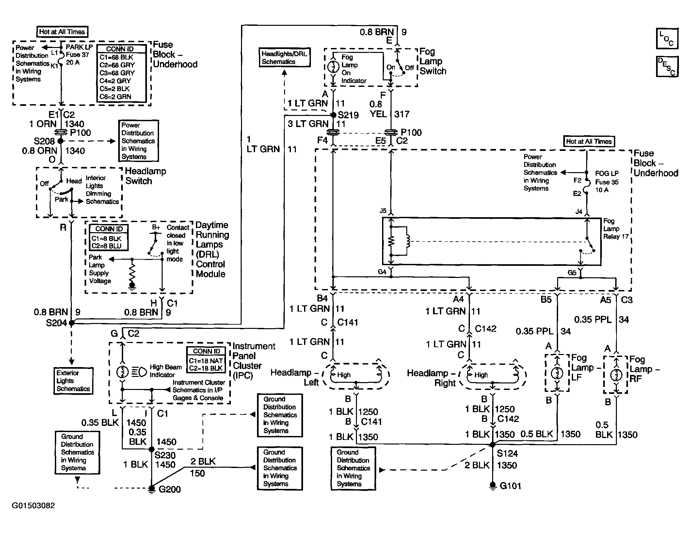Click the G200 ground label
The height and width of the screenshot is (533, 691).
click(x=169, y=489)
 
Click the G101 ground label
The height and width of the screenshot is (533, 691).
click(x=510, y=486)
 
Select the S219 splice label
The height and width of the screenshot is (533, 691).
click(x=348, y=115)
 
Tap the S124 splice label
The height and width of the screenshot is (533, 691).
click(x=507, y=453)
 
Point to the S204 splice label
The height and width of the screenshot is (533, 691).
click(x=56, y=323)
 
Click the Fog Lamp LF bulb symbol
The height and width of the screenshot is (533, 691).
click(x=557, y=373)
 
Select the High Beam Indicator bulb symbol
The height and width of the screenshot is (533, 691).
click(x=122, y=372)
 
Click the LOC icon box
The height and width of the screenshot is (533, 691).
click(x=667, y=39)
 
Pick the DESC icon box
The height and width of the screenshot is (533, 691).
click(x=667, y=67)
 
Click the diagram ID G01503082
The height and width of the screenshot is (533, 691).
click(x=33, y=506)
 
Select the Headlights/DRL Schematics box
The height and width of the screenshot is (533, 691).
click(x=284, y=58)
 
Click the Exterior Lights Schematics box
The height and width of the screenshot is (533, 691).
click(x=73, y=381)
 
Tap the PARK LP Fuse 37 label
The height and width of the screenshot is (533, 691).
click(x=79, y=55)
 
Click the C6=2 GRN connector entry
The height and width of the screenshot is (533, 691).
click(x=115, y=97)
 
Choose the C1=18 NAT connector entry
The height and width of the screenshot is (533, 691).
click(x=206, y=361)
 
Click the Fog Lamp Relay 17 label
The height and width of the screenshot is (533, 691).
click(x=616, y=229)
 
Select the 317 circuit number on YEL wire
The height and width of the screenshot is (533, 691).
click(x=402, y=114)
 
